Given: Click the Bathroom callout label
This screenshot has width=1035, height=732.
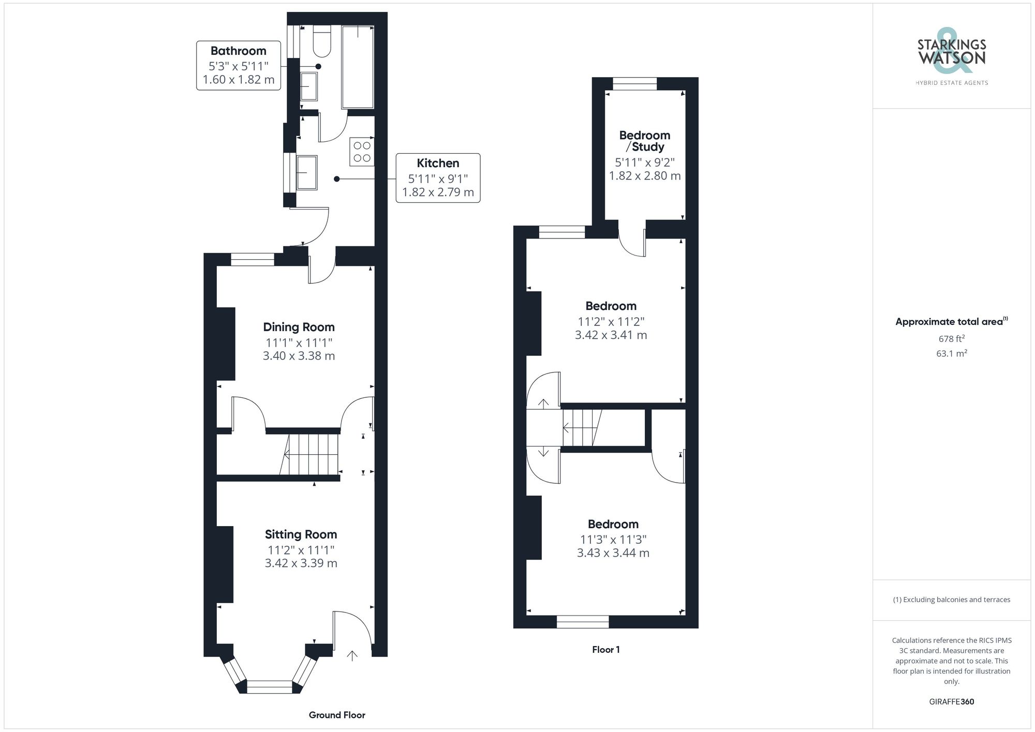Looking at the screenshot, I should point(239,65).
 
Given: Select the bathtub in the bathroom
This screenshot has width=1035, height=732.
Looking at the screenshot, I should point(358,67).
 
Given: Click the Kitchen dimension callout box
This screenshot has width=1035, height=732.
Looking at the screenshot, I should point(438,177).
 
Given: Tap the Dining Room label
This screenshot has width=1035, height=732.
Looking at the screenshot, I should point(299,327).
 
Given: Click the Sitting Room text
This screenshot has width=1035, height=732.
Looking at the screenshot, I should point(301,534).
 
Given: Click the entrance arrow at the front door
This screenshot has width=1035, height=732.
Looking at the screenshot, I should point(352,656).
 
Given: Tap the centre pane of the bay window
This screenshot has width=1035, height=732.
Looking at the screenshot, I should point(270,687).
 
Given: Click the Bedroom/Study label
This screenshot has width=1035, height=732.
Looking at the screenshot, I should point(645,141).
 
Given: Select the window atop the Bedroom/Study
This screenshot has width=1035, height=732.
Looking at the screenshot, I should point(634,84).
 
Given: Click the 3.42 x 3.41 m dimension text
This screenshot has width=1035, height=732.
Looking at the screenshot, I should point(611,335).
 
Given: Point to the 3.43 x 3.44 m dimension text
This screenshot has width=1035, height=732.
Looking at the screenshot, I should point(613,553).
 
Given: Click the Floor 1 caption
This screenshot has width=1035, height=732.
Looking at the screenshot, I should point(605,650).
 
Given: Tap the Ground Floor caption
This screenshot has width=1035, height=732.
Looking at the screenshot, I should point(337,715).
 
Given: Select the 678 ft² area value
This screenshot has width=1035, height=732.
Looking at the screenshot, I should point(951,339).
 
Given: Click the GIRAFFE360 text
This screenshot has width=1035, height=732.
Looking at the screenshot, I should point(951,702).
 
